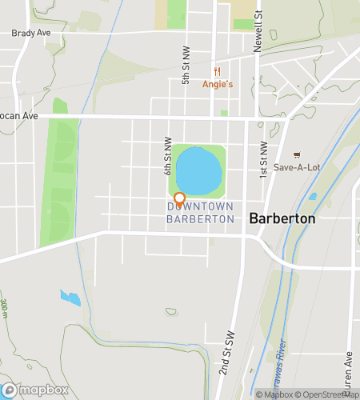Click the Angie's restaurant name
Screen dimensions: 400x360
coord(216,83)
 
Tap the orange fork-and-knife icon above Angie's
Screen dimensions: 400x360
coord(216,71)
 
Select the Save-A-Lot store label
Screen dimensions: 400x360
coord(296,167)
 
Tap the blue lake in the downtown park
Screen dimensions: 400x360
coord(198,170)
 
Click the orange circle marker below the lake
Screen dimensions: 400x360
coord(180,198)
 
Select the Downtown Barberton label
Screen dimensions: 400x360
coord(200,212)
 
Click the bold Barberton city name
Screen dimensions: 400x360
coord(282,218)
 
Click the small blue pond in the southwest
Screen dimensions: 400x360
coord(70,298)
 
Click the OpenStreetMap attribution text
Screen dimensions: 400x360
coord(323,394)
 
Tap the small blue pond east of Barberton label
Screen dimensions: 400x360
coord(312,196)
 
